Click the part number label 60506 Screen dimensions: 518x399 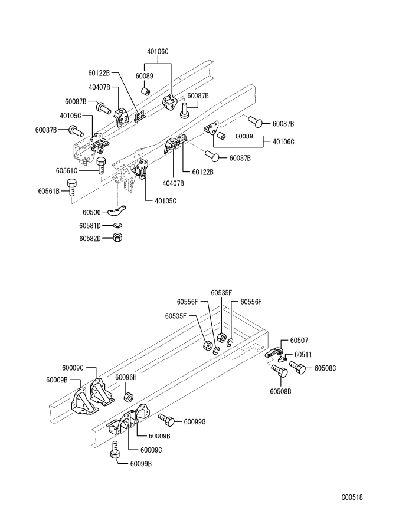[91, 212]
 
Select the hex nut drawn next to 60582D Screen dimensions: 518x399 [117, 237]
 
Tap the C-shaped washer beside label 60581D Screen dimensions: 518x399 [117, 225]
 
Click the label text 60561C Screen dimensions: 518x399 [67, 170]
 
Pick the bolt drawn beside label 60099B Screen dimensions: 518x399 [115, 451]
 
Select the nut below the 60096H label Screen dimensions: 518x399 [129, 395]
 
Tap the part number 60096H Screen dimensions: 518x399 [126, 377]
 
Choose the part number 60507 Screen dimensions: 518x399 [299, 341]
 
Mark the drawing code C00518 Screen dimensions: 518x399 [352, 497]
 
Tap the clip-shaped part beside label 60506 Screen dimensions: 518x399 [121, 209]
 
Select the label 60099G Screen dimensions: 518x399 [195, 421]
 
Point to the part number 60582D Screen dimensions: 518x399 [91, 238]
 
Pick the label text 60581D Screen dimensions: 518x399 [91, 226]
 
